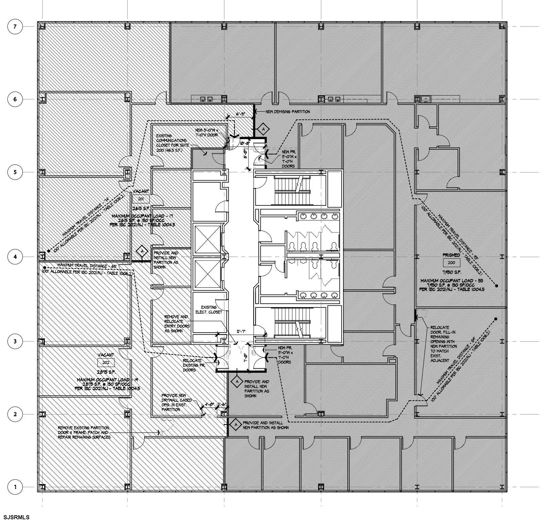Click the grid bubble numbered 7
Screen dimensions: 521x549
(15, 27)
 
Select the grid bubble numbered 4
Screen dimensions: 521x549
(15, 256)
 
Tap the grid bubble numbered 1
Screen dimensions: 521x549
(15, 487)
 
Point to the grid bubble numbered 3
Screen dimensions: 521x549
(15, 341)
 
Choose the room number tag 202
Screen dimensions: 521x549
(106, 363)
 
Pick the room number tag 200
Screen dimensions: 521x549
(451, 263)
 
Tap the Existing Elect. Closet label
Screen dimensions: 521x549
(211, 309)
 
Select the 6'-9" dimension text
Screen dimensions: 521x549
(241, 114)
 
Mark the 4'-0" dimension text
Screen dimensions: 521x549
(209, 405)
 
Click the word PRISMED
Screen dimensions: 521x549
(451, 255)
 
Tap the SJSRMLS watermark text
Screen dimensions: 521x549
(15, 517)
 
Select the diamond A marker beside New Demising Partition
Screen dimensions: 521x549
(262, 129)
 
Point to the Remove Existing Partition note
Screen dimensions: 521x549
(84, 432)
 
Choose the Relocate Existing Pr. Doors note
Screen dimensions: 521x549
(192, 365)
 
